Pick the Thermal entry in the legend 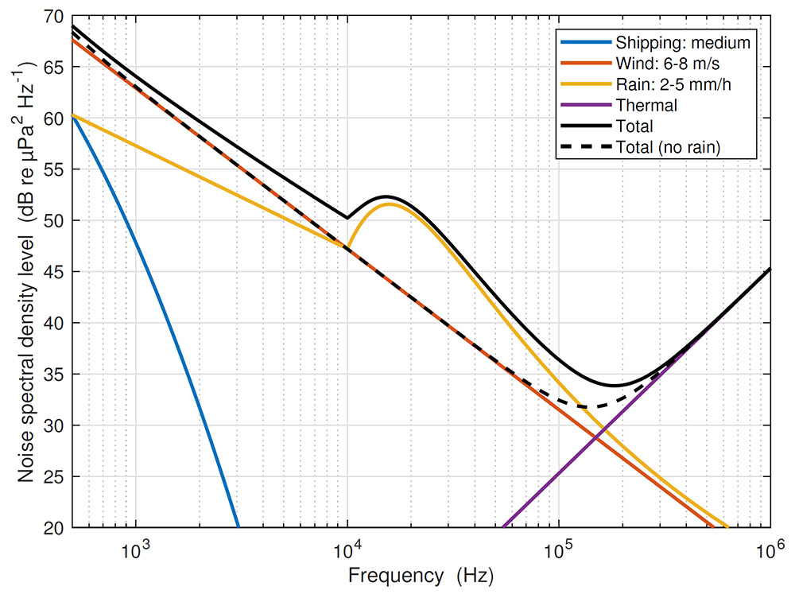coord(646,105)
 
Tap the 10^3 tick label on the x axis coord(136,547)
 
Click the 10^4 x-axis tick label coord(347,547)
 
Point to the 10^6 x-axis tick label coord(770,547)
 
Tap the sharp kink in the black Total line coord(347,217)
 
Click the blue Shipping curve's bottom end coord(238,526)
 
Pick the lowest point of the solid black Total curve coord(615,386)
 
